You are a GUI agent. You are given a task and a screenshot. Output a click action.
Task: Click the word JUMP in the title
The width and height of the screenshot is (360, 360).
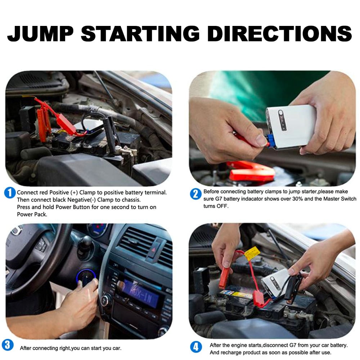point(40,33)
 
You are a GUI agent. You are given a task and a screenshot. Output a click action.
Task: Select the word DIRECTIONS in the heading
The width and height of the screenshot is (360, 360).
point(279,33)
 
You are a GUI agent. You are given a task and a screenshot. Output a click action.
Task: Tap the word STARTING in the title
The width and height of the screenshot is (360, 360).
point(140,33)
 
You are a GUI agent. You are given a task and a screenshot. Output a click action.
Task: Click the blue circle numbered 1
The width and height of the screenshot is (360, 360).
point(10,193)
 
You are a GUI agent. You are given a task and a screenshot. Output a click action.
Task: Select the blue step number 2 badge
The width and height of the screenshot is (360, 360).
point(195,194)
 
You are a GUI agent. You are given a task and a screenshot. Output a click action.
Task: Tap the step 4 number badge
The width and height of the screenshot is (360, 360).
point(195,347)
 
